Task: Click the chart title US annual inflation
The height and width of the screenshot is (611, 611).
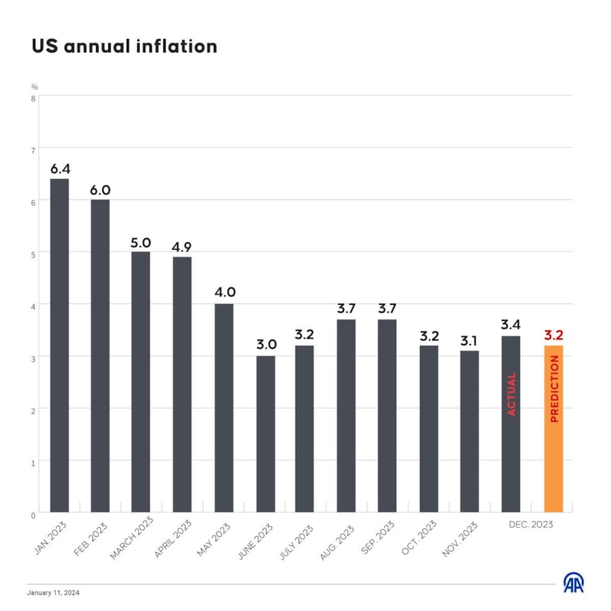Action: click(x=124, y=46)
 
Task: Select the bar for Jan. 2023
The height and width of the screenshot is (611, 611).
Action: click(x=60, y=345)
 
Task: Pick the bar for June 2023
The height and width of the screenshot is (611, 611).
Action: click(x=265, y=434)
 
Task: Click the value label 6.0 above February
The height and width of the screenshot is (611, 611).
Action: click(x=100, y=190)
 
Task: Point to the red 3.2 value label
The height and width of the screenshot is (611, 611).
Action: click(x=553, y=335)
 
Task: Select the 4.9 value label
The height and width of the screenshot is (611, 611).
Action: click(x=182, y=247)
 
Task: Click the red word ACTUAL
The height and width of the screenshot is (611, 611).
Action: click(x=512, y=394)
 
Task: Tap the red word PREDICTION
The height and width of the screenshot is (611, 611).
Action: click(x=554, y=389)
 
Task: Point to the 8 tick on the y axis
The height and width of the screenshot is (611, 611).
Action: click(x=34, y=97)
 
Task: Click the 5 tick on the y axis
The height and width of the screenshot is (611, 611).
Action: click(x=34, y=253)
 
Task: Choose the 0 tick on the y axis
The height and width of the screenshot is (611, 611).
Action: click(x=34, y=514)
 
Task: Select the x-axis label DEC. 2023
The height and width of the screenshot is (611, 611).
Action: click(x=531, y=525)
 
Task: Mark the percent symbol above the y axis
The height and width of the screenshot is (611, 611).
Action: click(x=34, y=86)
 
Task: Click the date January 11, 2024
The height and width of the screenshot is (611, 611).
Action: click(x=53, y=593)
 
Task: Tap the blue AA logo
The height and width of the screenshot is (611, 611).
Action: click(x=574, y=583)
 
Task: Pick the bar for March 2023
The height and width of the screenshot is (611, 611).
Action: click(x=141, y=382)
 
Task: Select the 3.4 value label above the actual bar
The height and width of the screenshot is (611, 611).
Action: click(x=511, y=325)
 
